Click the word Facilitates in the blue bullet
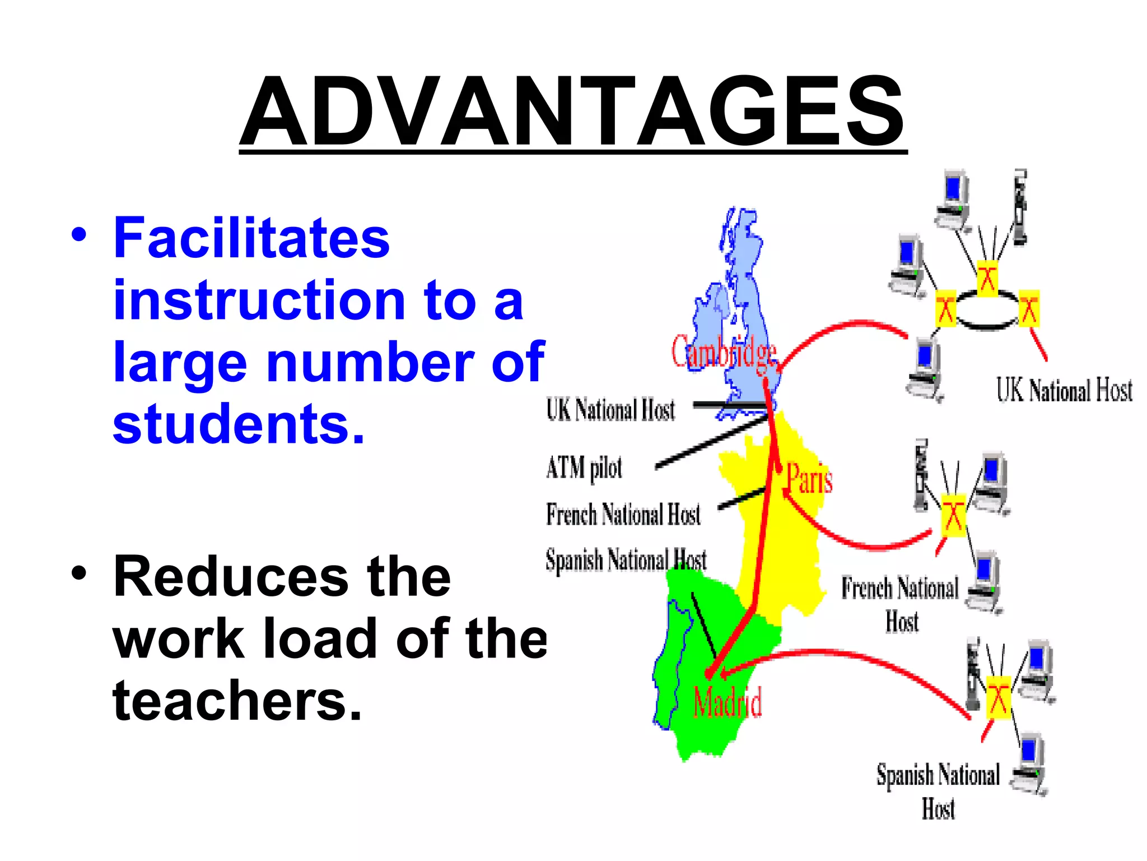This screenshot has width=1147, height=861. pos(251,238)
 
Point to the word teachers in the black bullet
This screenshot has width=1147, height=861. pos(237,700)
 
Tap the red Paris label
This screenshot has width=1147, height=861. pos(809,479)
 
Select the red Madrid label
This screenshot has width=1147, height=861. pos(727,702)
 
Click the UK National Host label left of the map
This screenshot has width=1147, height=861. pos(610,410)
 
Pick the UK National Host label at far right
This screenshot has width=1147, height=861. pos(1064,390)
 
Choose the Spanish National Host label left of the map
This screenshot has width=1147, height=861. pos(626,560)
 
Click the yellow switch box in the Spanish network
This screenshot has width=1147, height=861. pos(997,698)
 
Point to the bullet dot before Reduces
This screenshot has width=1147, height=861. pos(79,573)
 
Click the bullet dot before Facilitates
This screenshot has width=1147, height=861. pos(79,235)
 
